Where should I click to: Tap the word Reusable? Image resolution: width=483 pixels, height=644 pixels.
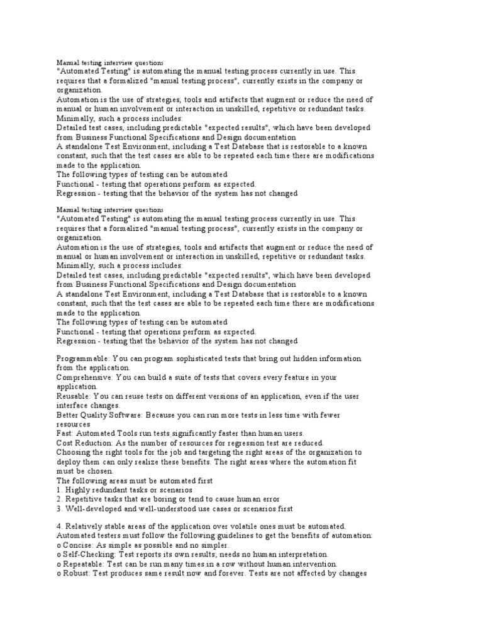74,396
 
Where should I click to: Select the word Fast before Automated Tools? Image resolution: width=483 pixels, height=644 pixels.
64,433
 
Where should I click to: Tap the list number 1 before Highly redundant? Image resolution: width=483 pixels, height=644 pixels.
58,490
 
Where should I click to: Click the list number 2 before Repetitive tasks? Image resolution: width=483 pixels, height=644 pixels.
58,499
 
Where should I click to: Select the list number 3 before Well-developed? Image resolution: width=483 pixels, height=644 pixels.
58,509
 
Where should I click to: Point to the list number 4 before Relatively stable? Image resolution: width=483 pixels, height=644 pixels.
58,526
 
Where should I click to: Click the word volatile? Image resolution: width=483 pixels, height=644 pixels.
269,526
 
